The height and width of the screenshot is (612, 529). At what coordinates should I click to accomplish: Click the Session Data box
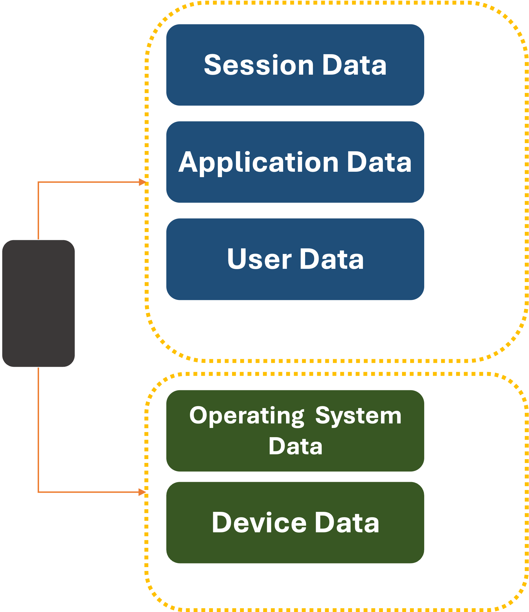[295, 65]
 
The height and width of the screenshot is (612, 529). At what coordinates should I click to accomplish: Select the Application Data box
[295, 162]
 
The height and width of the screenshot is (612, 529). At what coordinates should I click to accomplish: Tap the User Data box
[295, 259]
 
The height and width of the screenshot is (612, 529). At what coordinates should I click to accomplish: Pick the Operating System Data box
[295, 431]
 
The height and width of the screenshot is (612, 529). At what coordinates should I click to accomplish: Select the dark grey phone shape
[38, 303]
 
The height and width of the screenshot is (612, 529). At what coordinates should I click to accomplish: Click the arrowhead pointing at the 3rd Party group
[143, 182]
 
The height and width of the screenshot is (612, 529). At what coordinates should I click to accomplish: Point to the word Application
[258, 162]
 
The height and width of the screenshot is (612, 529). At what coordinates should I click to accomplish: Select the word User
[259, 259]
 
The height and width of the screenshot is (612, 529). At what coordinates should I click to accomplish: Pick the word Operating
[247, 416]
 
